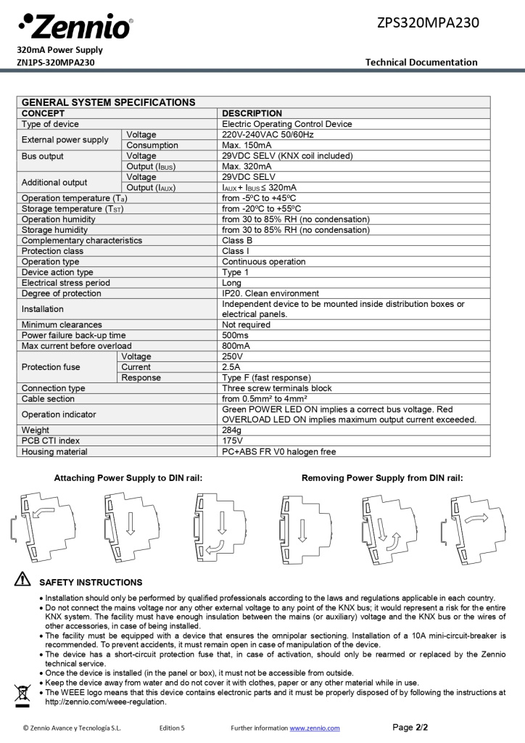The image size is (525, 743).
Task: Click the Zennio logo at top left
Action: click(x=75, y=27)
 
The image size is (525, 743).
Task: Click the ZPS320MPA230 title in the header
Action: click(x=428, y=22)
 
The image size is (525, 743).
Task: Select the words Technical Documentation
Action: click(x=421, y=62)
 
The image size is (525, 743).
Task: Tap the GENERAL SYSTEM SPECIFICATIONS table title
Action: click(x=108, y=102)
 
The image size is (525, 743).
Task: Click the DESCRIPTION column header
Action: click(x=252, y=113)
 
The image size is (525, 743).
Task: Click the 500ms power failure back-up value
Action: click(x=236, y=335)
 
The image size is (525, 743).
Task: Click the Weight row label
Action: click(x=36, y=430)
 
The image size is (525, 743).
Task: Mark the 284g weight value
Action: click(x=232, y=430)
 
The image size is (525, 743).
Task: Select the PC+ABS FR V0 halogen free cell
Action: click(x=278, y=451)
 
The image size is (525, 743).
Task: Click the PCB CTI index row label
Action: click(x=51, y=440)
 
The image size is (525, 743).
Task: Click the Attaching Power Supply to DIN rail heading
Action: click(x=128, y=478)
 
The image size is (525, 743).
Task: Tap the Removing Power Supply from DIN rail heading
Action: click(x=382, y=478)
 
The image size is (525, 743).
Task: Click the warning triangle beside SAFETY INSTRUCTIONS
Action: click(x=22, y=580)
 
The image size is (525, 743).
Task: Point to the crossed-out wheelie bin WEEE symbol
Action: click(x=22, y=694)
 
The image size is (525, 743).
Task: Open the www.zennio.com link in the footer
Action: click(x=315, y=728)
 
